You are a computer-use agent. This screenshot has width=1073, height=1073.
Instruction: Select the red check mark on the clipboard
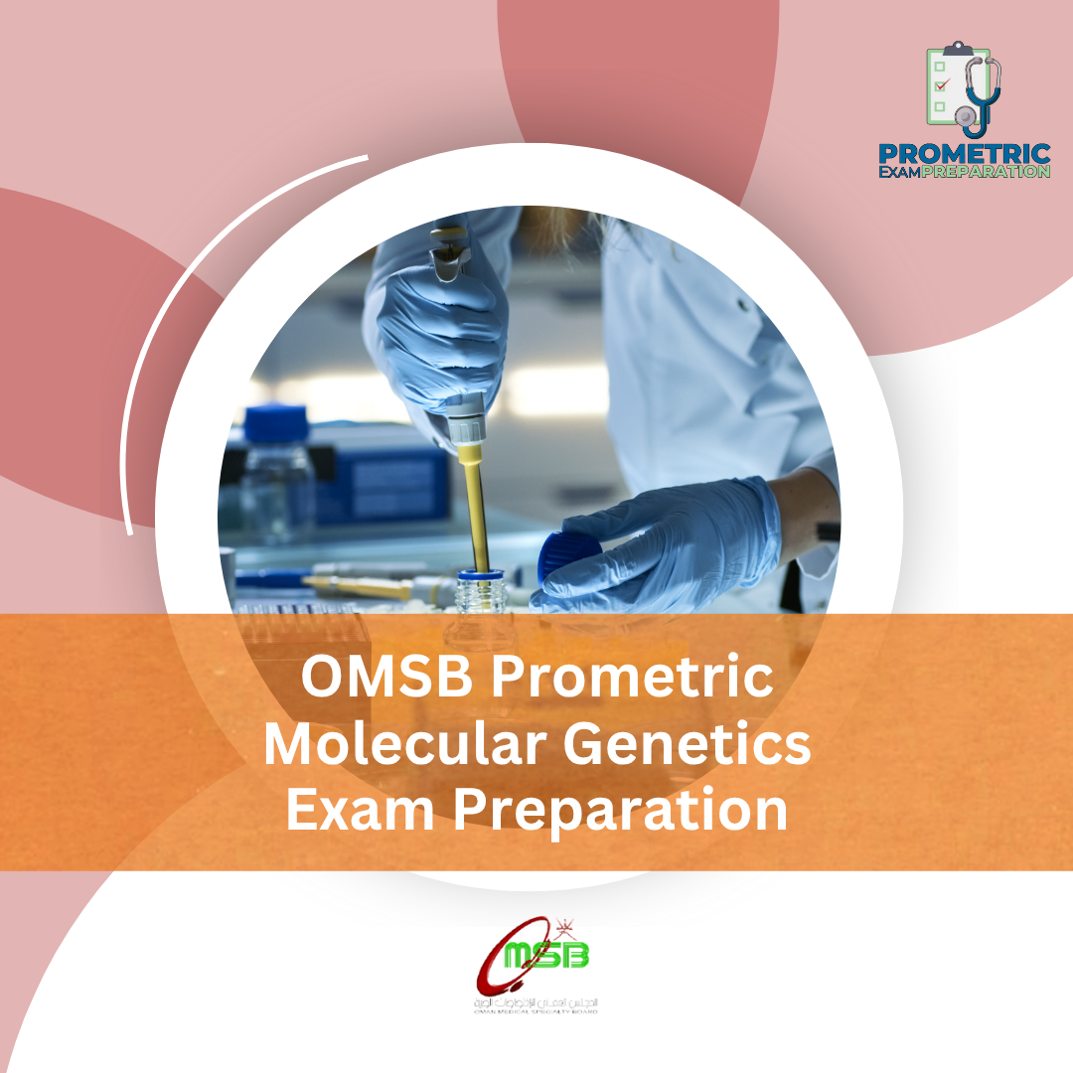941,85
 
